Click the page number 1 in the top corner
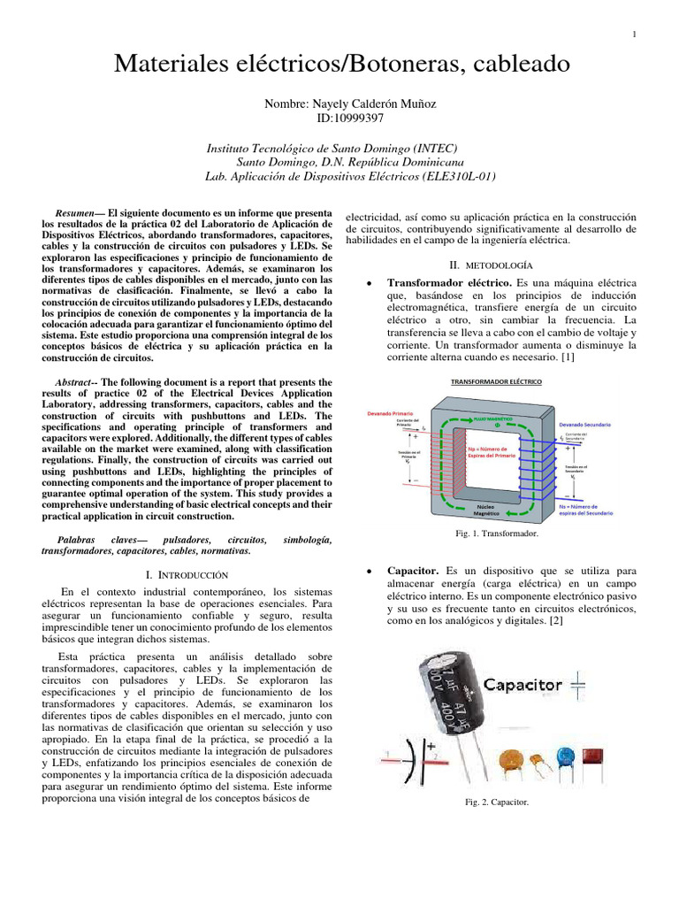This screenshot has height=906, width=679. [x=637, y=35]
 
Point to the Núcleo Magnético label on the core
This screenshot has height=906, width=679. [x=485, y=511]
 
